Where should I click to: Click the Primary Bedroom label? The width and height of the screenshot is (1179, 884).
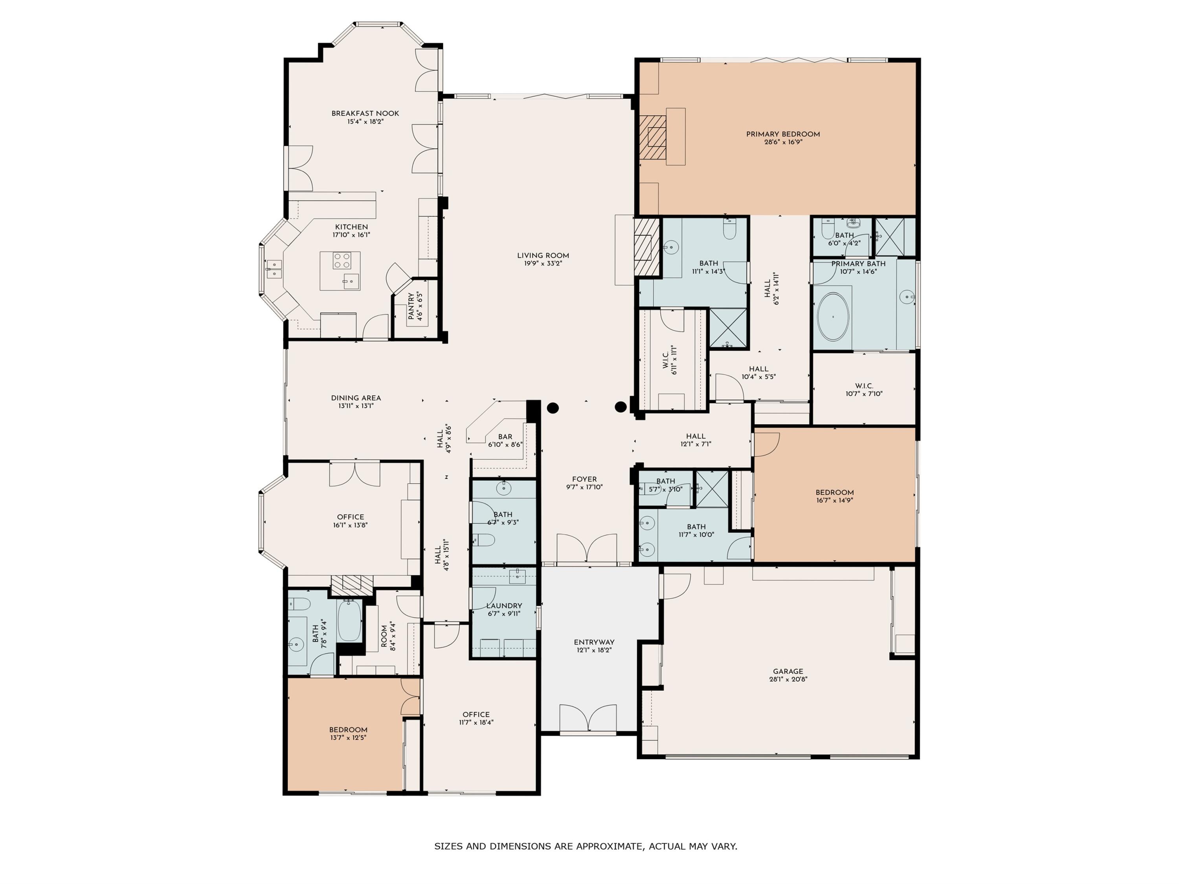782,134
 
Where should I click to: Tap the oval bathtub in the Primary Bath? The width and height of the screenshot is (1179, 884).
832,317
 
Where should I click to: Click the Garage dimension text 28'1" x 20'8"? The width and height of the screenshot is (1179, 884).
788,679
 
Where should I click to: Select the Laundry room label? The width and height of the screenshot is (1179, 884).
504,606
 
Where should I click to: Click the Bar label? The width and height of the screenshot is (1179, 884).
505,436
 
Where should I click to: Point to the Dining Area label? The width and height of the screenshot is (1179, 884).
356,398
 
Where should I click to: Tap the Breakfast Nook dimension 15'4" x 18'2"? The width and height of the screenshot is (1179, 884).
365,121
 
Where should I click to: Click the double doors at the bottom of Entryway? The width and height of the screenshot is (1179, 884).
588,718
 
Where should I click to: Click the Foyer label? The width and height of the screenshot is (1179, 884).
584,479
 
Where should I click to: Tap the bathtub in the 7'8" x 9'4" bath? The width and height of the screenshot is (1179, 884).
349,620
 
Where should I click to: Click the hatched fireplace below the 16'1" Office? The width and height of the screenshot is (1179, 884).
347,585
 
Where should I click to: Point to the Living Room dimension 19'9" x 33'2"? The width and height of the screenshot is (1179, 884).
543,263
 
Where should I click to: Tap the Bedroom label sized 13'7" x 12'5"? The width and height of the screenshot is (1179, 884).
348,730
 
